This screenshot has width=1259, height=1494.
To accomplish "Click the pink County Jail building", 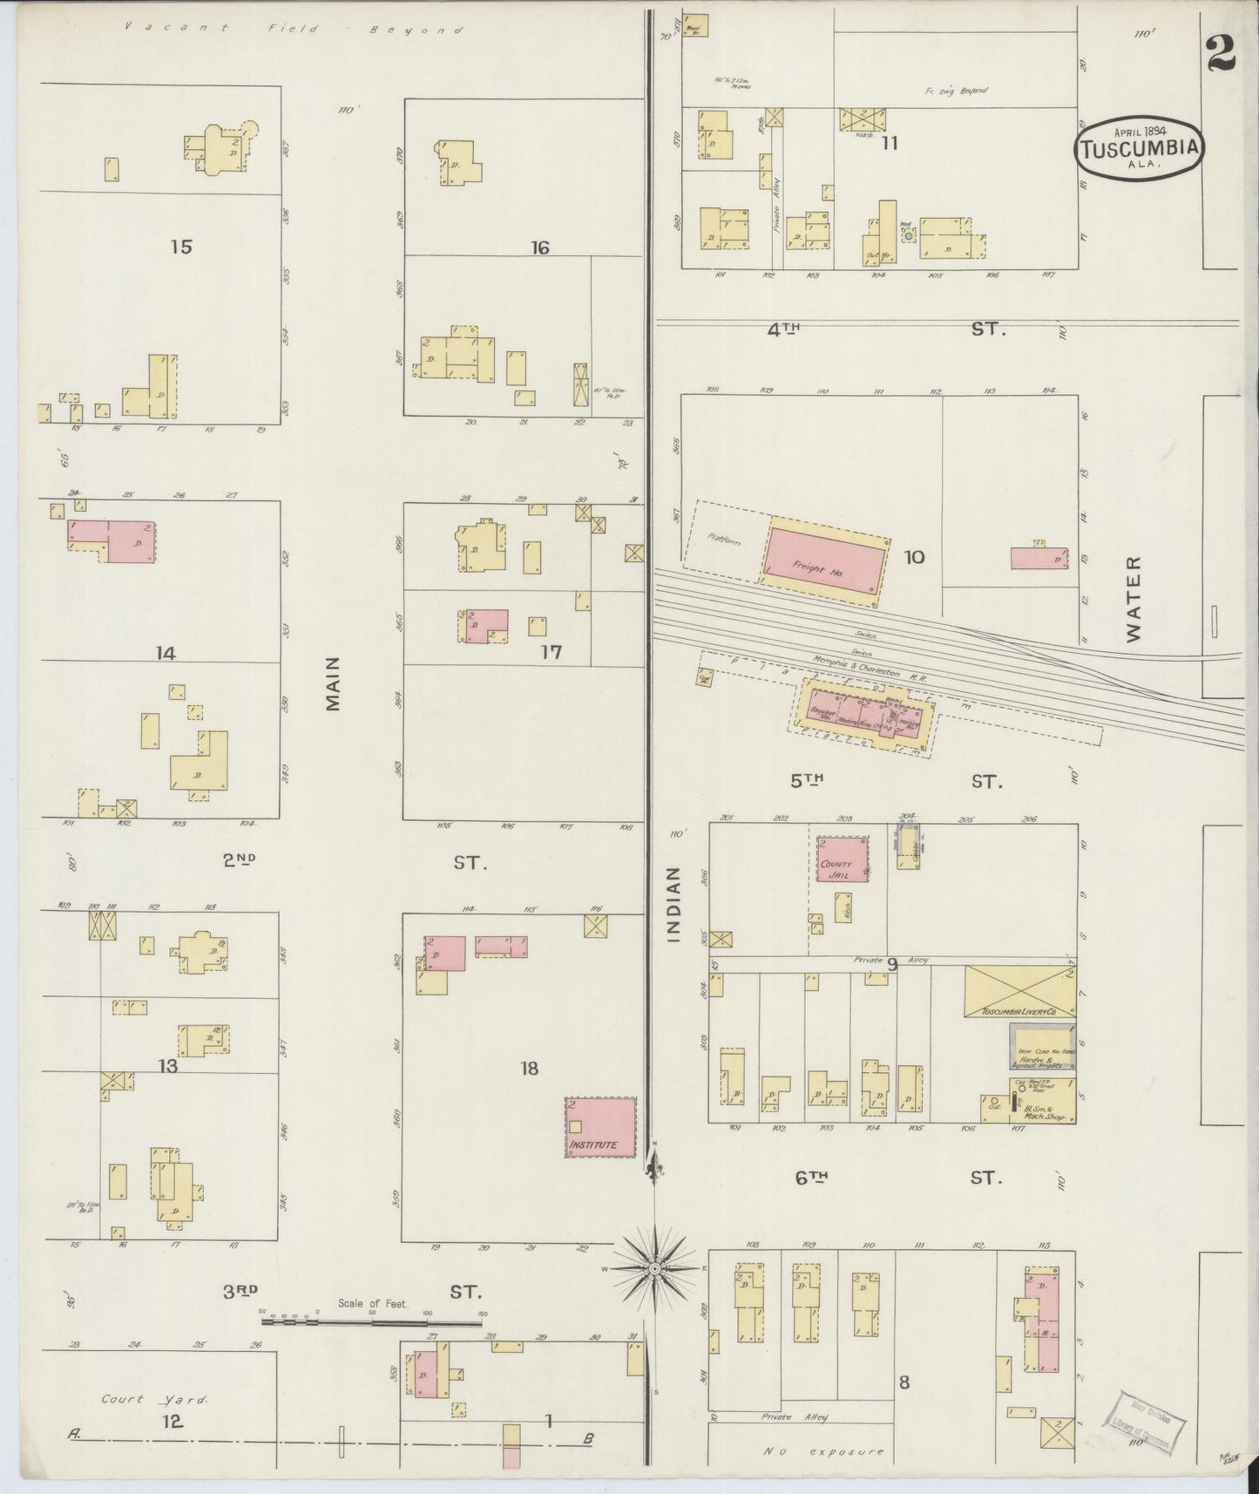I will coord(842,859).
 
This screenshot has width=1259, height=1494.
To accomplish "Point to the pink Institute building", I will coord(600,1127).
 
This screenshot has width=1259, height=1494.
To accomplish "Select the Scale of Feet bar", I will coord(372,1322).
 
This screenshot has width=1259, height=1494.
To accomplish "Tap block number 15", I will coord(180,247).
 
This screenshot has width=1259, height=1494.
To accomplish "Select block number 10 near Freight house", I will coord(914,557).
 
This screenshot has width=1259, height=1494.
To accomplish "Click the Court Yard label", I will coord(154,1400).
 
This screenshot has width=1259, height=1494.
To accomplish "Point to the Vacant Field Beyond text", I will coord(293,29).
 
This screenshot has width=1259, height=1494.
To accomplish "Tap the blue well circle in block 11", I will coord(908,235).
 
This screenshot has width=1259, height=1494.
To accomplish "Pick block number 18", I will coord(529,1068).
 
